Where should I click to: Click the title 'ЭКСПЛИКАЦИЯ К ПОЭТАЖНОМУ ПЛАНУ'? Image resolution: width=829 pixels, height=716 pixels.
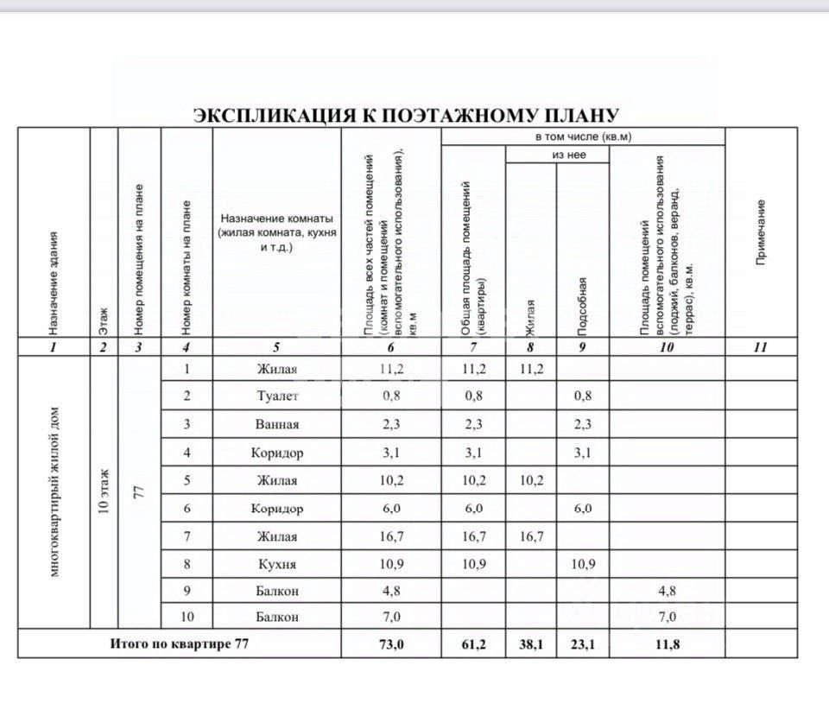coord(405,116)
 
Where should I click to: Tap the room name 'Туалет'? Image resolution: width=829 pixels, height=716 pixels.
coord(276,396)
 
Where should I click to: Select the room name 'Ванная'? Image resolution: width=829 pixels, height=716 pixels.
coord(276,424)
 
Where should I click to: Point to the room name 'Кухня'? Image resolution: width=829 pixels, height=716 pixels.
coord(276,564)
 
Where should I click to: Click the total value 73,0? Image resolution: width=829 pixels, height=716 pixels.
coord(391,643)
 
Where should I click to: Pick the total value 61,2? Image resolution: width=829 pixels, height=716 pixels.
coord(473,643)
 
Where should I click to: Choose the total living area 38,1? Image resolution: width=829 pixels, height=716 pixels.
coord(530,643)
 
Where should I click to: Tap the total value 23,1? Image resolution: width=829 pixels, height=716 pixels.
coord(583,643)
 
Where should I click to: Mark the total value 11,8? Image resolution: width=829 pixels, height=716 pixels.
coord(667,643)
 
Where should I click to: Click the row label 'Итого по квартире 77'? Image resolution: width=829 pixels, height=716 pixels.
coord(180,643)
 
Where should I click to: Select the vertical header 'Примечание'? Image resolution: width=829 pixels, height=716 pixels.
coord(761,232)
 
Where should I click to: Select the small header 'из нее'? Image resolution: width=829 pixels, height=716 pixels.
coord(557,155)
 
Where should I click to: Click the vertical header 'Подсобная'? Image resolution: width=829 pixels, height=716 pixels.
coord(583,307)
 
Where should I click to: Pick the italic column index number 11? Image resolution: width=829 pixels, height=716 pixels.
coord(761,347)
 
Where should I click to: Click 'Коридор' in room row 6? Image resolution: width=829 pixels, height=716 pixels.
coord(276,509)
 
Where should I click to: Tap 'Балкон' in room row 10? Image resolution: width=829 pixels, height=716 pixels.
coord(276,617)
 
